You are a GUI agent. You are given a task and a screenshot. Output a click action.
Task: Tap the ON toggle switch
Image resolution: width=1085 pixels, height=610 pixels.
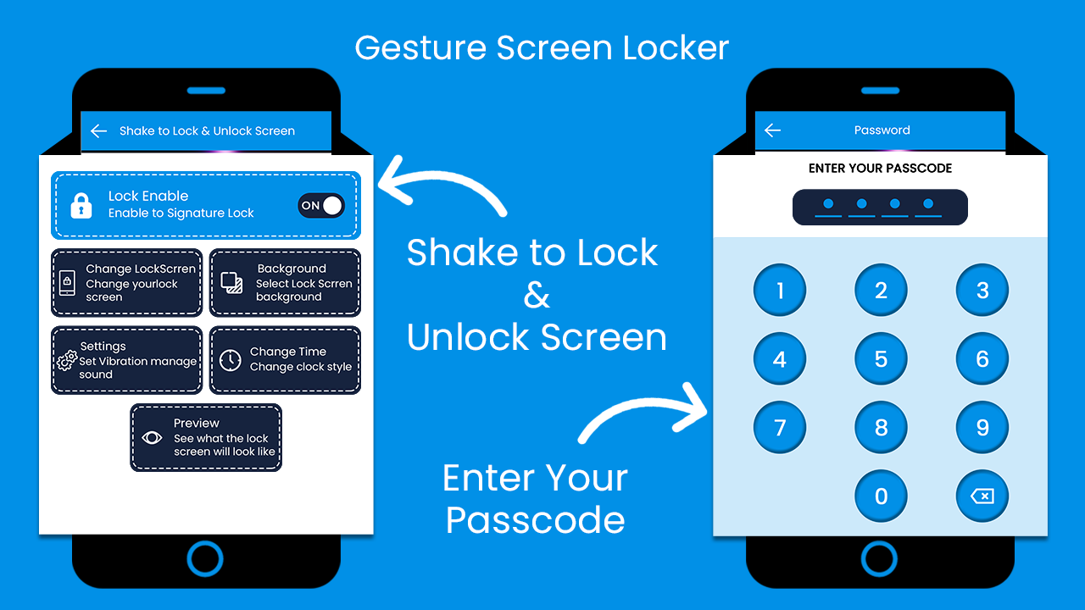click(321, 205)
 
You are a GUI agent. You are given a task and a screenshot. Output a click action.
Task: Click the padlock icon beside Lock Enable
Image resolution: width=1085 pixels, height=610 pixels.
click(81, 205)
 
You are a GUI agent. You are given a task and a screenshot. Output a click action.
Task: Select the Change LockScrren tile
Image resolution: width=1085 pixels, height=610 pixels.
click(127, 282)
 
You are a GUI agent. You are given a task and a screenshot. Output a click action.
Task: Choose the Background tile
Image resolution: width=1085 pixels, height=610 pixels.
click(286, 282)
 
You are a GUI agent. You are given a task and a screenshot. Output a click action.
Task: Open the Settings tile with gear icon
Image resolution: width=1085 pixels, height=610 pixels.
click(127, 360)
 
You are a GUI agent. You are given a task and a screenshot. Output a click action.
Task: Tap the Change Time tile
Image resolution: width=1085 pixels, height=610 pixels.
click(286, 360)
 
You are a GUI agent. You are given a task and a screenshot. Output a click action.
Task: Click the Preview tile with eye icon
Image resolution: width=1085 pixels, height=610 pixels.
click(206, 437)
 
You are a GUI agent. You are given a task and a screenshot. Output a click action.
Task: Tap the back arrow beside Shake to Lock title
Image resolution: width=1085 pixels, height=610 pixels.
click(98, 130)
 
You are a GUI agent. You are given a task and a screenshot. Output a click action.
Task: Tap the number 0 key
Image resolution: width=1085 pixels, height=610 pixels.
click(881, 496)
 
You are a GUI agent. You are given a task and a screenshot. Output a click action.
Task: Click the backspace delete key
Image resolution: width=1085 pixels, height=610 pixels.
click(982, 496)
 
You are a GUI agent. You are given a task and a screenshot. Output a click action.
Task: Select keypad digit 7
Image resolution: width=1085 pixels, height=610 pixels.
click(780, 427)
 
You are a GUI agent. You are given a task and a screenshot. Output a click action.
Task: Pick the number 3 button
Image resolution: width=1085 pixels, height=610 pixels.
click(982, 291)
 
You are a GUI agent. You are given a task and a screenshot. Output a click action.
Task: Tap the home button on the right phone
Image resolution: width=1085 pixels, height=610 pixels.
click(879, 559)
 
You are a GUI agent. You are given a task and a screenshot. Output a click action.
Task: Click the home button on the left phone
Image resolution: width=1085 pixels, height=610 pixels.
click(205, 559)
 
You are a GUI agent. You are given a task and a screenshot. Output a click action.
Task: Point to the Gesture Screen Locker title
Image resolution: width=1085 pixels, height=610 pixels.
click(542, 47)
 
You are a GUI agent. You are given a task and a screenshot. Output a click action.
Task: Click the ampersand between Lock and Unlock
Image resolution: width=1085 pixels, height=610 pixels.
click(536, 296)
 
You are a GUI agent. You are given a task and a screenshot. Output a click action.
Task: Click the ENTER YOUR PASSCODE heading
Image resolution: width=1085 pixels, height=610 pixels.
click(880, 168)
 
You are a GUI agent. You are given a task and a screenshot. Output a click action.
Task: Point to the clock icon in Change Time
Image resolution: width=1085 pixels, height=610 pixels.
click(231, 360)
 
